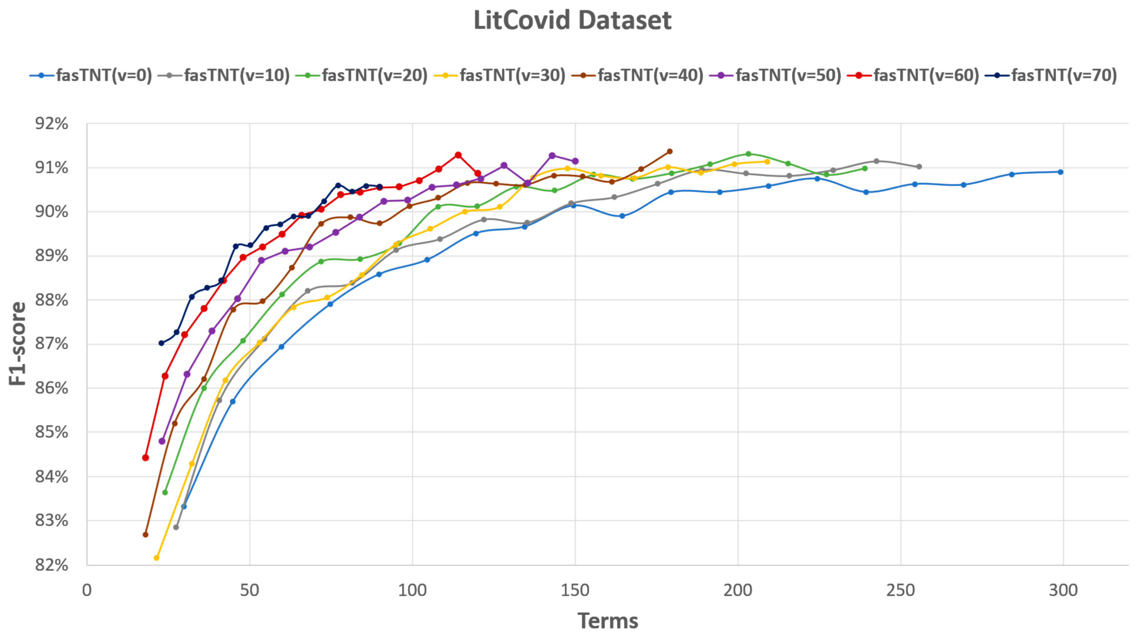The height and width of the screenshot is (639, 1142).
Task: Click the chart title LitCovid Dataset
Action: click(572, 20)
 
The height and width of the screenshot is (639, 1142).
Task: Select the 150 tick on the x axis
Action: click(575, 590)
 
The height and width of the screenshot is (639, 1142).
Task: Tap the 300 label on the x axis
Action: click(1063, 590)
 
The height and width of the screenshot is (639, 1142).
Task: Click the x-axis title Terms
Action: click(607, 621)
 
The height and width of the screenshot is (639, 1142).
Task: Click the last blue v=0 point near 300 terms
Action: click(1060, 172)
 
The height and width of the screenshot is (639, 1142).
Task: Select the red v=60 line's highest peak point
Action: click(458, 155)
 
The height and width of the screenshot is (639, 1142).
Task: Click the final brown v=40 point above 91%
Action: click(669, 151)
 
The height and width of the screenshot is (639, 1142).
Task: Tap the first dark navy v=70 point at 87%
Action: click(161, 343)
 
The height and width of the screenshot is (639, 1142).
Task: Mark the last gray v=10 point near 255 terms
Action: click(919, 167)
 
